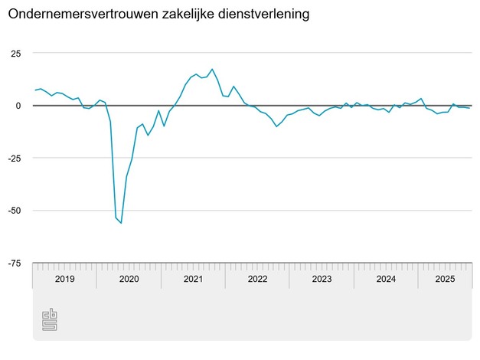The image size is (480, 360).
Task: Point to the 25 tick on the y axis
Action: point(15,53)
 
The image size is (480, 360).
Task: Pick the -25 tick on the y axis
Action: point(14,158)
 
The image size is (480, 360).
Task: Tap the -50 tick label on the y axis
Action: point(14,210)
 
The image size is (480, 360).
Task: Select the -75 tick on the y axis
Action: point(14,263)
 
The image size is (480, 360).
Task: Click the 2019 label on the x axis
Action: point(64,280)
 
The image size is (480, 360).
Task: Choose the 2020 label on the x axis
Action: point(129,280)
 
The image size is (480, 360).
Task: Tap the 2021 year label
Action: point(193,280)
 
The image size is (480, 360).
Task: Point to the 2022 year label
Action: point(257,280)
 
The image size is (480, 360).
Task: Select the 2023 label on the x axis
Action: point(322,280)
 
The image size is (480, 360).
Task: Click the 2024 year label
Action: point(386,280)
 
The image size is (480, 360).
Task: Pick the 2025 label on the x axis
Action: point(445,280)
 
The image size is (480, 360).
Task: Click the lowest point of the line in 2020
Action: point(121,223)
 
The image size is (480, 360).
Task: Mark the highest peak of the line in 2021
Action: point(212,69)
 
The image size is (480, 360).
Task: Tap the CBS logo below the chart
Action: point(50,319)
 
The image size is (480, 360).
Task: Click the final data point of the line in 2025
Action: point(469,108)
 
